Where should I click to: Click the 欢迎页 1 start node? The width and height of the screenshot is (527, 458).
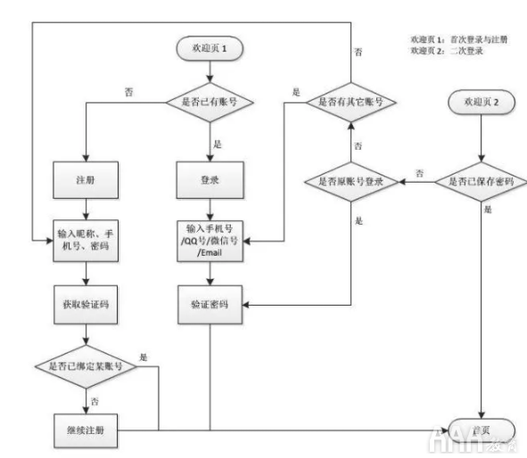point(212,45)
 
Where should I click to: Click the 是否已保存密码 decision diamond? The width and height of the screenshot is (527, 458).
point(481,182)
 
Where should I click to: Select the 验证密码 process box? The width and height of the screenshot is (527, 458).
point(211,304)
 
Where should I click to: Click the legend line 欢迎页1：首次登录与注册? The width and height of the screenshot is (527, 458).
point(455,40)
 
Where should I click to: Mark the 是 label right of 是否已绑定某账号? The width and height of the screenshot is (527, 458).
point(144,356)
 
